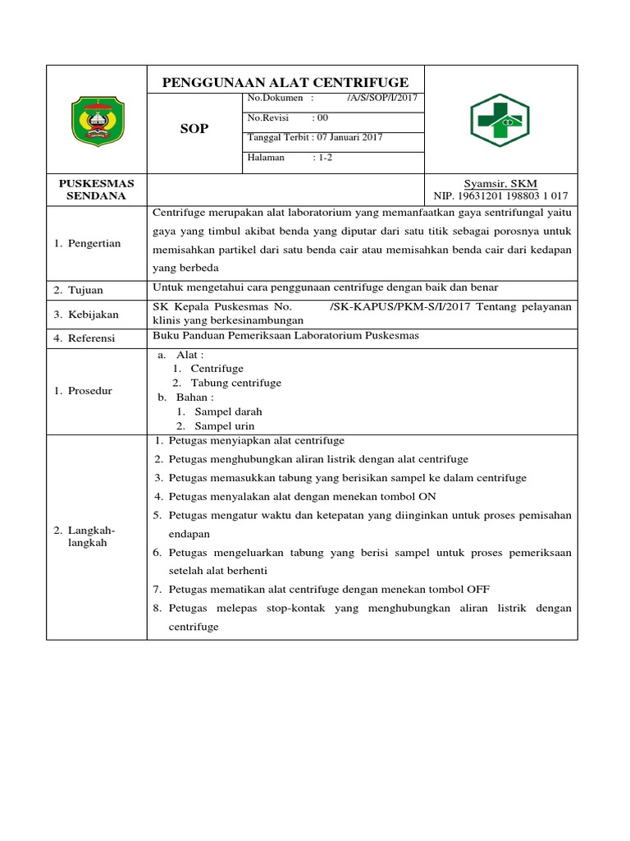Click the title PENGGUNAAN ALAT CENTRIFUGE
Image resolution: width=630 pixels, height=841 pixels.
(285, 82)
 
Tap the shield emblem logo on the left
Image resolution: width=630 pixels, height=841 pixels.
(97, 120)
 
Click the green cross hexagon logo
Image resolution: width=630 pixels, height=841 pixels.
(500, 120)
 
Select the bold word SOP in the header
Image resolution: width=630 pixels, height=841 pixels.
(194, 129)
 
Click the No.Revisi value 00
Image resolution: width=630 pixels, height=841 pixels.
(322, 118)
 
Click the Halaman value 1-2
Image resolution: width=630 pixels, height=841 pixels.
(322, 157)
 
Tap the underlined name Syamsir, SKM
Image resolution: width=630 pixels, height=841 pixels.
(500, 183)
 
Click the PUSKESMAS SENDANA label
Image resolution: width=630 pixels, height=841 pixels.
(96, 190)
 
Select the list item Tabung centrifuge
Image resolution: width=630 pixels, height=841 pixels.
(236, 383)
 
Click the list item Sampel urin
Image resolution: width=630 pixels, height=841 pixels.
(225, 425)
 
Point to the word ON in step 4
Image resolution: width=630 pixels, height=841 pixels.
(427, 496)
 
